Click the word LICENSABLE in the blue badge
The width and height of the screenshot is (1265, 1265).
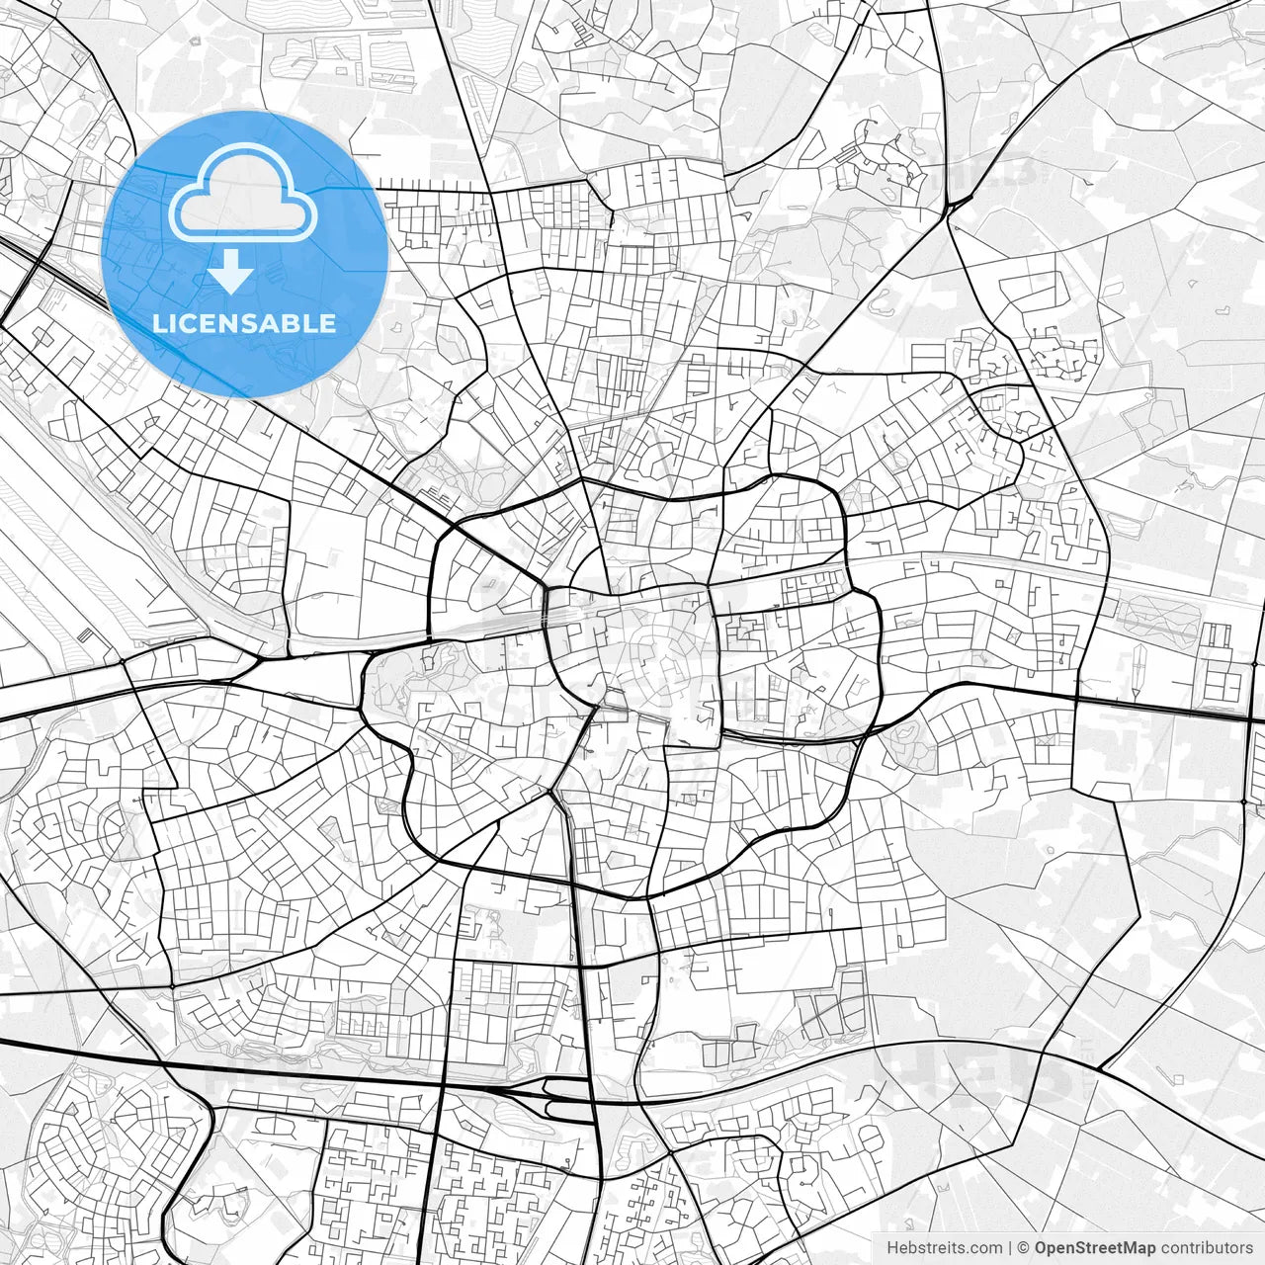244,323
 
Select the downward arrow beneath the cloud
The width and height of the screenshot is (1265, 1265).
231,271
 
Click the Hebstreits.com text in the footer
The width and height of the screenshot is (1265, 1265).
944,1248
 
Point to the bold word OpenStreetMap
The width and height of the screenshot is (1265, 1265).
1095,1248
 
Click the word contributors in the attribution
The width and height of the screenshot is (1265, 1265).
1206,1248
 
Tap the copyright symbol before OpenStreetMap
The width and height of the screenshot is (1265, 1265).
1024,1248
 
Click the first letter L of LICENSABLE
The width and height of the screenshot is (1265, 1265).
159,323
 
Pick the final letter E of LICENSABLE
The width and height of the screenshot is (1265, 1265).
327,323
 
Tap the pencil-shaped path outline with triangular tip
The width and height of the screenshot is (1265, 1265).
1138,666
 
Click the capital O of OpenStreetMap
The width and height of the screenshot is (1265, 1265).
1042,1248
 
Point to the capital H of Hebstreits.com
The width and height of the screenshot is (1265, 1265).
892,1248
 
